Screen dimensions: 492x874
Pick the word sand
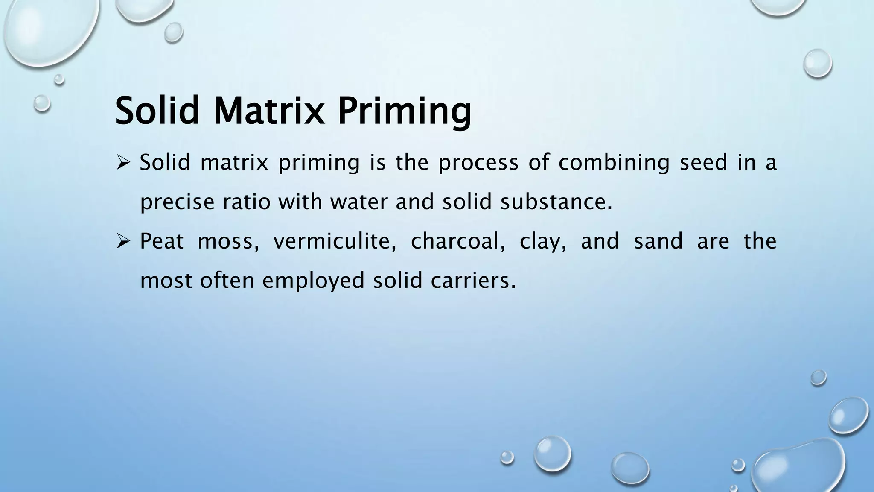(658, 241)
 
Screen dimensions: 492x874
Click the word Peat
(162, 241)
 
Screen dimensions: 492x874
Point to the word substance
(556, 202)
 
